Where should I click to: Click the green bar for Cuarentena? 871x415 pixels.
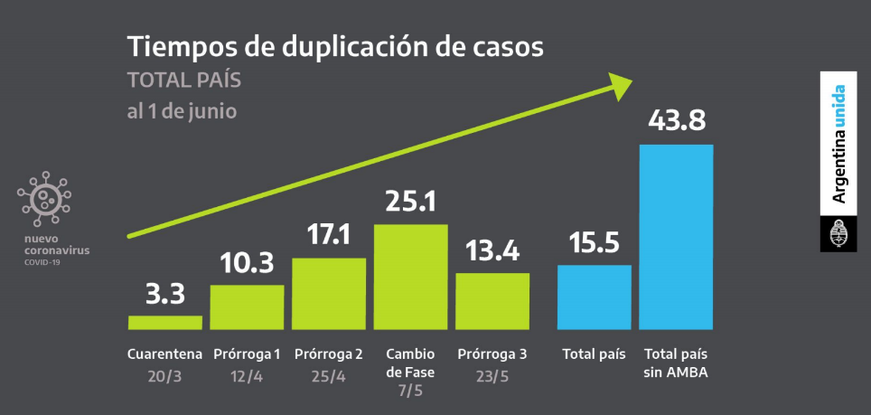pos(165,322)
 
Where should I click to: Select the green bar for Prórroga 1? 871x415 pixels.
pos(247,307)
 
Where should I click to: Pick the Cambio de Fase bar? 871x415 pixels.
pos(411,276)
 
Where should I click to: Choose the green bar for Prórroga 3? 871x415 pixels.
pos(492,300)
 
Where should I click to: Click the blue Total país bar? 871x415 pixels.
pos(594,297)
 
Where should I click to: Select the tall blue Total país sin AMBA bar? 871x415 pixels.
pos(676,236)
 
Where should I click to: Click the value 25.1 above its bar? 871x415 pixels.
pos(411,201)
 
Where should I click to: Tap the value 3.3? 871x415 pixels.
pos(165,294)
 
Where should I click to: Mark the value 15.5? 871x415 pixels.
pos(594,242)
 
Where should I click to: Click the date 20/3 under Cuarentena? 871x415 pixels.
pos(165,374)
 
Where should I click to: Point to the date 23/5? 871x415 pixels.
pos(492,374)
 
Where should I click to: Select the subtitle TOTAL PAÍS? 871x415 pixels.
pos(184,80)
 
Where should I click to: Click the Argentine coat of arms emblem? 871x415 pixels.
pos(838,234)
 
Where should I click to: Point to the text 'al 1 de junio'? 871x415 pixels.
pos(182,112)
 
